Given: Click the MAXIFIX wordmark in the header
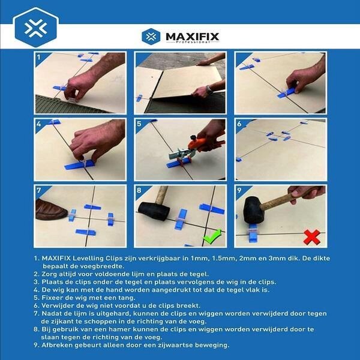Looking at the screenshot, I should [x=189, y=36].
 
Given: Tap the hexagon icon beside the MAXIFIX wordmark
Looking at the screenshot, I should [x=149, y=37].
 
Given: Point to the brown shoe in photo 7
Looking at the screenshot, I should [x=52, y=209].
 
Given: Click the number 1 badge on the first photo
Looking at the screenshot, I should [x=40, y=58].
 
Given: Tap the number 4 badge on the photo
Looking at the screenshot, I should [x=40, y=125].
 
